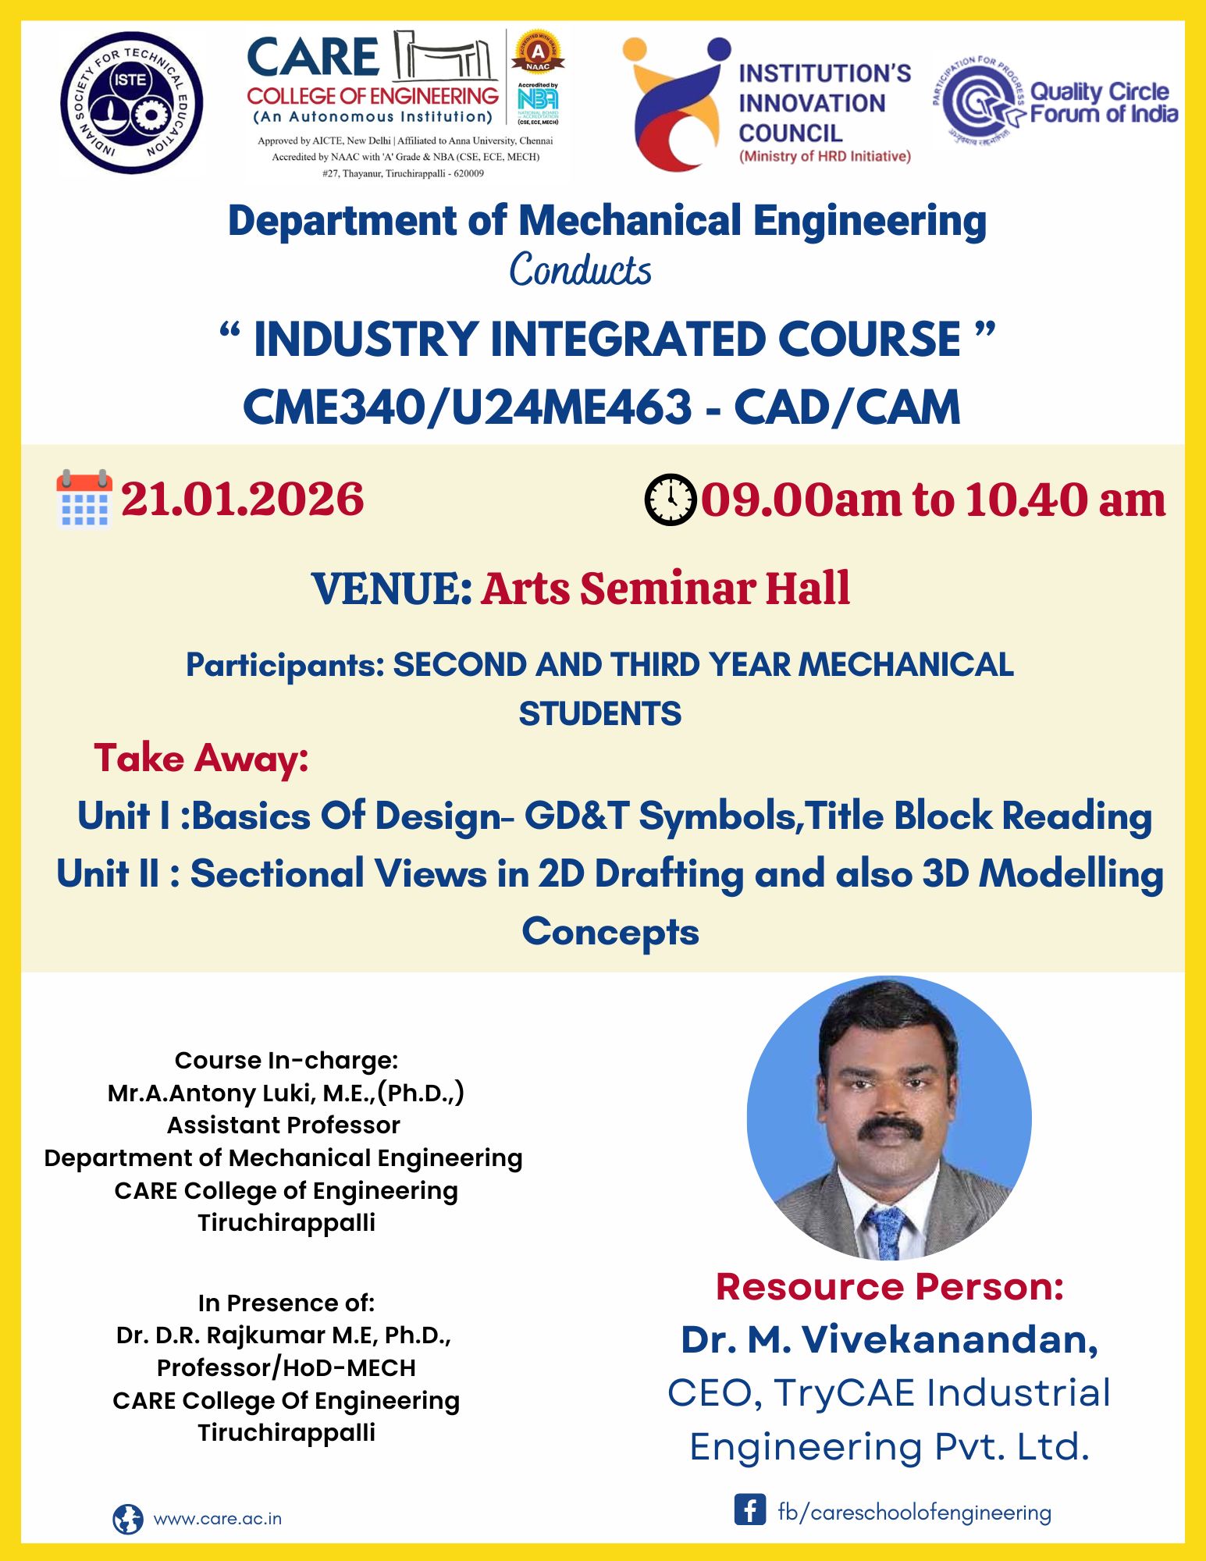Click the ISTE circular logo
(x=131, y=101)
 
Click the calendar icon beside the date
(x=84, y=499)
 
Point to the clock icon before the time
(x=670, y=499)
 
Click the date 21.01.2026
(x=242, y=500)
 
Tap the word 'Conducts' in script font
(x=580, y=270)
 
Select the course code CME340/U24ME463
(x=467, y=407)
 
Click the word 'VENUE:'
(x=392, y=588)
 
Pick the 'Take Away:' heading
(x=201, y=758)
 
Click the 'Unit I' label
(x=123, y=816)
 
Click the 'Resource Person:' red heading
(x=890, y=1287)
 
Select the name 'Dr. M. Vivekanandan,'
(x=890, y=1339)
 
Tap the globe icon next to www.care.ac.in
(x=128, y=1519)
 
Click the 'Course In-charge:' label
(x=286, y=1060)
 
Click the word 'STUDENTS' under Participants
(x=599, y=714)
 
